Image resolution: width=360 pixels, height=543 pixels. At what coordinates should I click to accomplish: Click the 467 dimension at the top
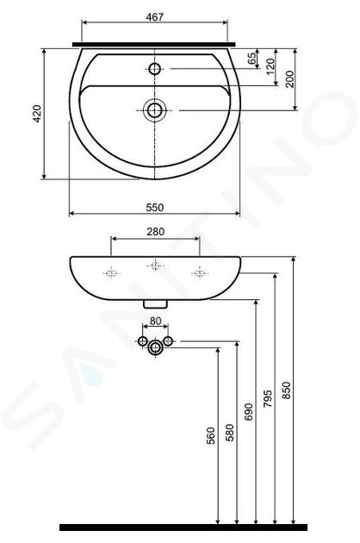tap(154, 17)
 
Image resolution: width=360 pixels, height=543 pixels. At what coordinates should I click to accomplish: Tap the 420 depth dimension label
tap(37, 114)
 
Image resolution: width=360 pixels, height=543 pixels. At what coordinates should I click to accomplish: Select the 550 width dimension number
tap(154, 208)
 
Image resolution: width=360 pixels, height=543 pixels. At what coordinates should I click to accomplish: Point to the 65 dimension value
tap(252, 58)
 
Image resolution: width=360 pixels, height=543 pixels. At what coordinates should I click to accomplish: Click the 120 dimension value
tap(270, 66)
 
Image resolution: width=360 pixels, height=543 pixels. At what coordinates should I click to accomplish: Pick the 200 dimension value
tap(289, 79)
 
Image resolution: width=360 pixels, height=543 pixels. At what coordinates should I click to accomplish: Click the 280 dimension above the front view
tap(155, 232)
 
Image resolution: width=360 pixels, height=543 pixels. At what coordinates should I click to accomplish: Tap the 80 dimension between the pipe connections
tap(155, 321)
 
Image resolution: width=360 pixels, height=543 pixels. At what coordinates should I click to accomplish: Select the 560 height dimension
tap(211, 435)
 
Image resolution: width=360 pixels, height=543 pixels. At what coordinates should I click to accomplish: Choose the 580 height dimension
tap(229, 433)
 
